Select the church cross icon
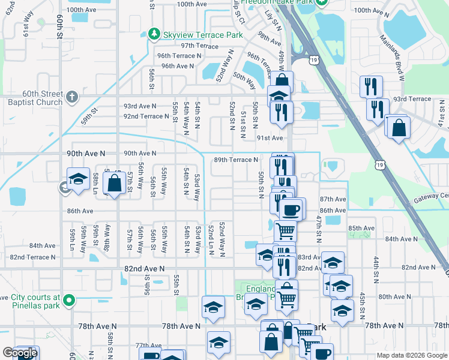[x=71, y=96]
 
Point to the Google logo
[x=19, y=353]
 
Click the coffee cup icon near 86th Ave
[x=292, y=209]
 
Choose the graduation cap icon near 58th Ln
[x=78, y=179]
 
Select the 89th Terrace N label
[x=236, y=160]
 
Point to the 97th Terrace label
[x=200, y=46]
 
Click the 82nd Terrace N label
[x=32, y=257]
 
